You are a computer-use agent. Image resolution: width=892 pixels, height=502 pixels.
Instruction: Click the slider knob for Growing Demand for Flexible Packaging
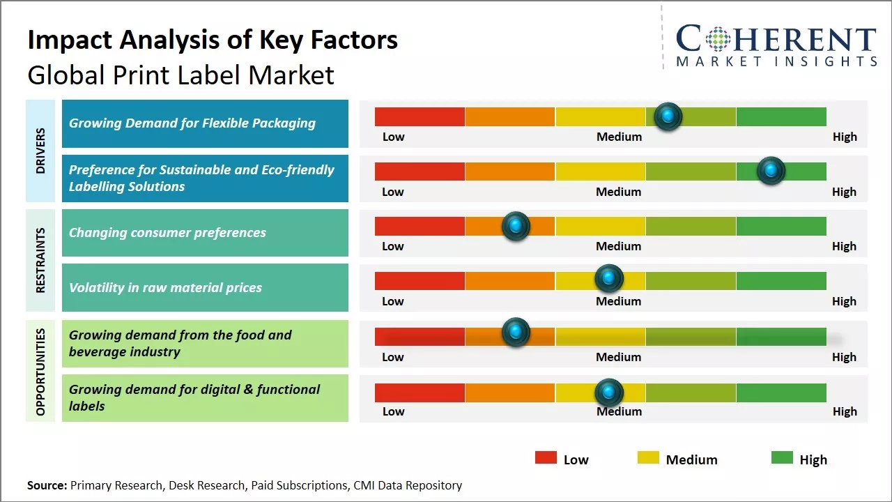point(668,116)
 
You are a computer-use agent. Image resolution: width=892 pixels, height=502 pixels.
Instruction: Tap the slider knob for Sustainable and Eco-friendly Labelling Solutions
point(771,171)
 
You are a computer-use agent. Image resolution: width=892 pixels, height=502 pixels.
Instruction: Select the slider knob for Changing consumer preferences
point(516,226)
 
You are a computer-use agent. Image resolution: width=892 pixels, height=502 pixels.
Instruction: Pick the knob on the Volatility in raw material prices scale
point(609,279)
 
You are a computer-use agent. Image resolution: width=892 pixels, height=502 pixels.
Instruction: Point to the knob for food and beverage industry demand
point(516,333)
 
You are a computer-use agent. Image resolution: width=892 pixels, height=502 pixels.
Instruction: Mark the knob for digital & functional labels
point(609,393)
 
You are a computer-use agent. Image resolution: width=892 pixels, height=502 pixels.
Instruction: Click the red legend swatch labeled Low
point(546,458)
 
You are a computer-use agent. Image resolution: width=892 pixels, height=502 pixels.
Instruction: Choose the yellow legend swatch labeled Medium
point(648,458)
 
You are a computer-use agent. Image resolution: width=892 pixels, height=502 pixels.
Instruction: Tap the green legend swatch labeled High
point(782,458)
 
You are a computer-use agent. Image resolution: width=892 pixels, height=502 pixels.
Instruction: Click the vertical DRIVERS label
point(40,151)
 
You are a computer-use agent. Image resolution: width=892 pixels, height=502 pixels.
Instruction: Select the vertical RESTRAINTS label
point(40,260)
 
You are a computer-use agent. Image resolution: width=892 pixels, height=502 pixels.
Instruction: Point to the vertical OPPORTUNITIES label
point(40,372)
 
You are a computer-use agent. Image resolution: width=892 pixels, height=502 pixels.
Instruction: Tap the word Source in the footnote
point(47,485)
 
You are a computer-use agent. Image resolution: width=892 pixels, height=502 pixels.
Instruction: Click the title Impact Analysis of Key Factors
point(213,40)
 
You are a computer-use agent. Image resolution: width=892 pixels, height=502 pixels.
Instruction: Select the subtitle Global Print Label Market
point(180,75)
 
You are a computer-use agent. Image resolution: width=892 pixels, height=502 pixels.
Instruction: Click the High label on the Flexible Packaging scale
point(845,137)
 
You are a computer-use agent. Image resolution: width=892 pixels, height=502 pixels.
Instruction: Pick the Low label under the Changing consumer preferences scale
point(393,246)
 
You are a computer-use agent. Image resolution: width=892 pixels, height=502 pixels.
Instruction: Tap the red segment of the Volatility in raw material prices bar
point(420,280)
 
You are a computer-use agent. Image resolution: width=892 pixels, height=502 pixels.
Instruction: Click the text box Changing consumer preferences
point(205,233)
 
